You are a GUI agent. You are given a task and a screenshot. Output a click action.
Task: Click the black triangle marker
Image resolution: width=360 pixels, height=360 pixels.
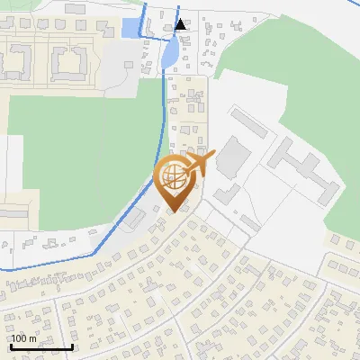(x=181, y=24)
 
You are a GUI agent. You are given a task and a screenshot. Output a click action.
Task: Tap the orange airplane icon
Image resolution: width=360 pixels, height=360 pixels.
(x=198, y=164)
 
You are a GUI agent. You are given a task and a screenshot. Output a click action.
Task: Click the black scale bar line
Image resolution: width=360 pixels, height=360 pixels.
(x=41, y=346)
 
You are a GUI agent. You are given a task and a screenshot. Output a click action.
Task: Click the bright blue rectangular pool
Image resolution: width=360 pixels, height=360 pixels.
(x=131, y=28)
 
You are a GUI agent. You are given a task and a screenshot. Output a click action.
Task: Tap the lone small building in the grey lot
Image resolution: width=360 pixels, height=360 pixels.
(x=249, y=222)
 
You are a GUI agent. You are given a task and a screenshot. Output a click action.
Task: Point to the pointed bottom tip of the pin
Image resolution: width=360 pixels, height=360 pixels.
(x=172, y=211)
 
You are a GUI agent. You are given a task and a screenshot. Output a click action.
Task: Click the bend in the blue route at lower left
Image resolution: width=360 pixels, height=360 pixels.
(x=94, y=255)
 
